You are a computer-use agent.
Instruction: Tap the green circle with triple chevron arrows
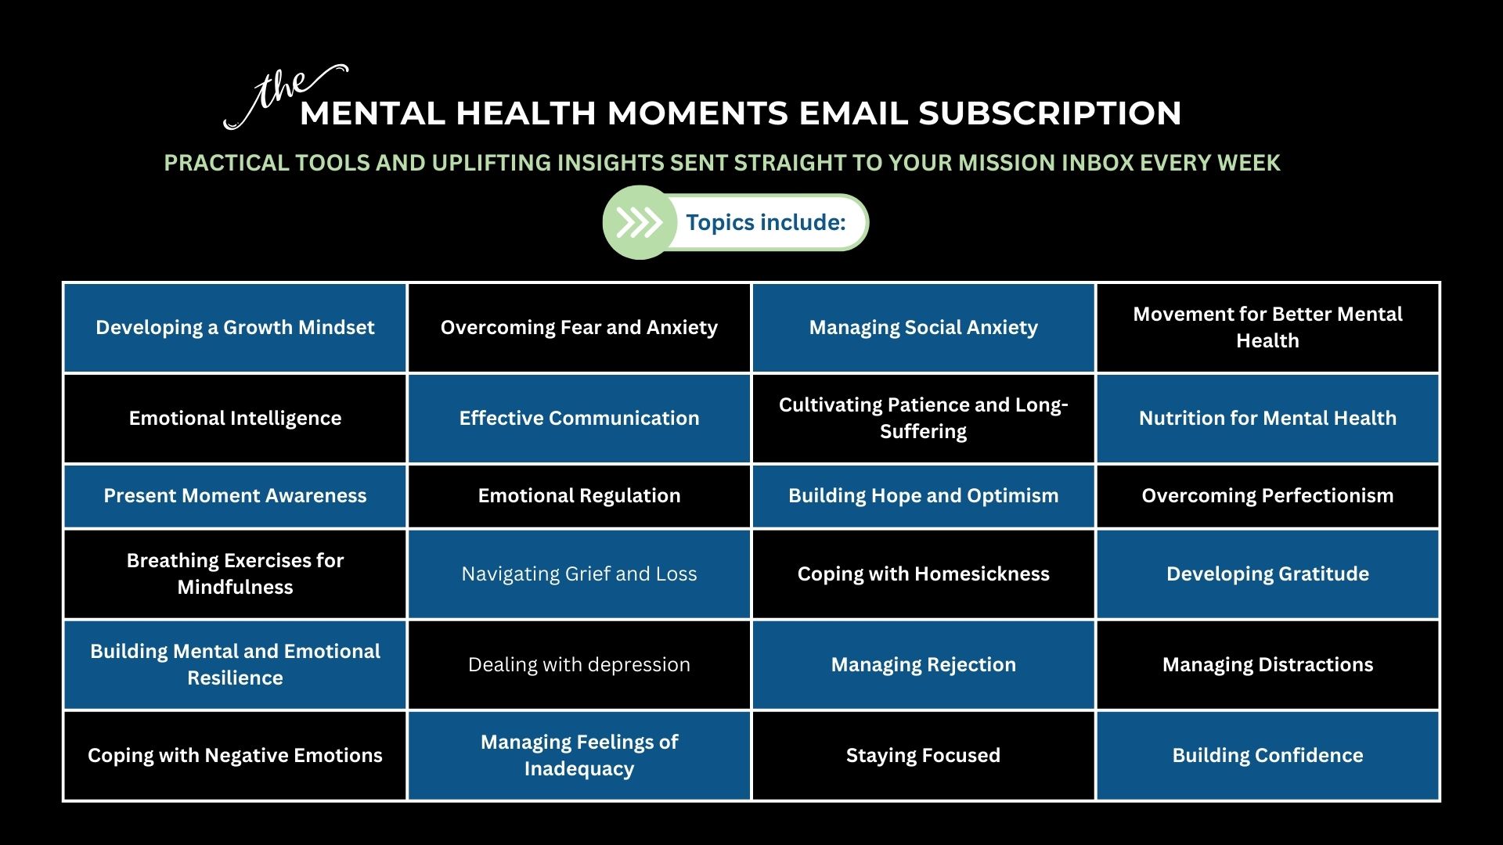640,223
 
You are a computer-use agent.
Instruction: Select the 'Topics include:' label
766,223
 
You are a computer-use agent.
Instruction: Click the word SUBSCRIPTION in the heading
1050,113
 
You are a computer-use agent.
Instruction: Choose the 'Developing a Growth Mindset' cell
235,328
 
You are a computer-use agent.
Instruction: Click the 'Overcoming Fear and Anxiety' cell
579,328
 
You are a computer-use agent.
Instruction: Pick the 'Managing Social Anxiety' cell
924,328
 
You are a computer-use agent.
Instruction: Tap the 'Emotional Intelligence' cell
235,419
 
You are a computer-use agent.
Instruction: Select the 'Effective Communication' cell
579,419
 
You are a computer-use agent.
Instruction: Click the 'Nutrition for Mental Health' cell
1268,419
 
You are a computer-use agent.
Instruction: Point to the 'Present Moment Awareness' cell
235,496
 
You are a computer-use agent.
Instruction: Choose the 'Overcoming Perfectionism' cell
1268,496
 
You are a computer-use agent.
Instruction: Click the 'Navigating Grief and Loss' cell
579,574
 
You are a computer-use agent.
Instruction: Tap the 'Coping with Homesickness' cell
924,574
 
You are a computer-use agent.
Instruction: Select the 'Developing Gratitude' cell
1268,574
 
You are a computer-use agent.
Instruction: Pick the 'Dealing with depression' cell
579,665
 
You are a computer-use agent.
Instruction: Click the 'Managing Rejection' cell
924,665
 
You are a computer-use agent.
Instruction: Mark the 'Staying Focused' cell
924,756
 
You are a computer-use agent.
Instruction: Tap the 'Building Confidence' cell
1268,756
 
